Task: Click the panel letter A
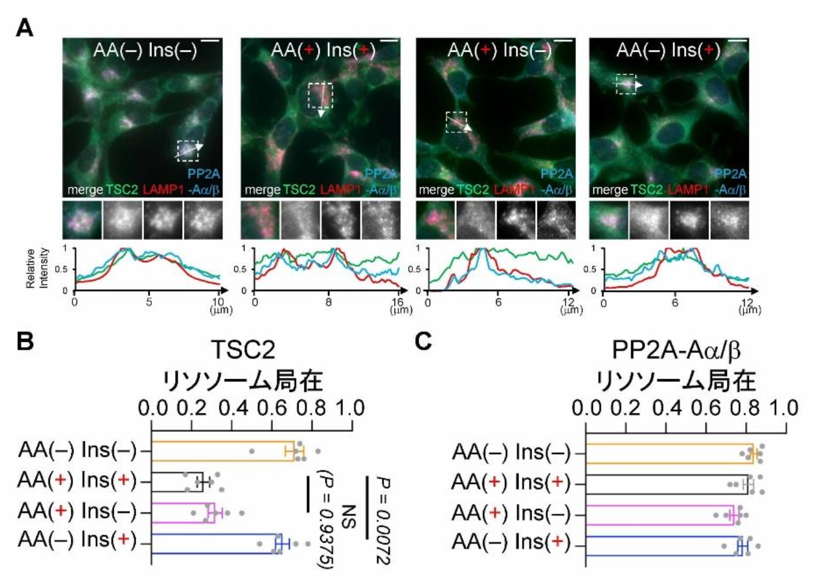(x=24, y=27)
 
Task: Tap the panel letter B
(x=24, y=342)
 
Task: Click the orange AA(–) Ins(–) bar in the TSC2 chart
(x=222, y=451)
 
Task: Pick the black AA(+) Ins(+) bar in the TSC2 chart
(x=177, y=482)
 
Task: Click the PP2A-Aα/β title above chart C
(x=676, y=351)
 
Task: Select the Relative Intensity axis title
(x=36, y=268)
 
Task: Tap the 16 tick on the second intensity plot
(x=399, y=303)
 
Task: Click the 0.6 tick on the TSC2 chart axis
(x=273, y=408)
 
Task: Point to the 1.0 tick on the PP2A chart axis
(x=784, y=408)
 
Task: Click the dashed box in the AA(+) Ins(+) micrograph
(x=320, y=95)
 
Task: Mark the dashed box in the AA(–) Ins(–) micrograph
(x=188, y=151)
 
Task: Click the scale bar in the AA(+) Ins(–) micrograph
(x=564, y=41)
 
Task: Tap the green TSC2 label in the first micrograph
(x=122, y=190)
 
